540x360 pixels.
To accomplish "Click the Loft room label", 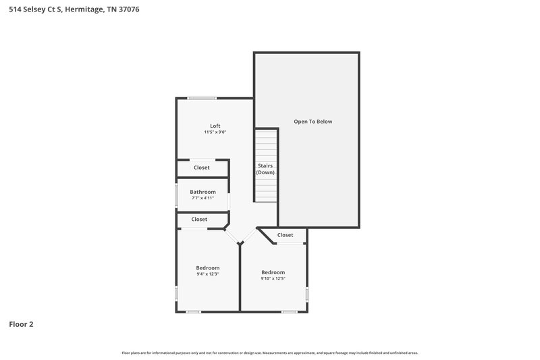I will coord(215,126).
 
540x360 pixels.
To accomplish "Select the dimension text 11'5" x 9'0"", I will coord(215,132).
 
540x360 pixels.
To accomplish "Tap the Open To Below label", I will coord(313,122).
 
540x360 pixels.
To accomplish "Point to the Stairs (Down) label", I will coord(265,169).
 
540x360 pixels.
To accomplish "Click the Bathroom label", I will coord(202,192).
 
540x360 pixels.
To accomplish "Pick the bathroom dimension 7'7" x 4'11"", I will coord(202,199).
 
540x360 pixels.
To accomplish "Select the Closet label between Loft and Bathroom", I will coord(202,168).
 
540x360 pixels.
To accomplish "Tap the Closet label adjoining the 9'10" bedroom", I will coord(285,235).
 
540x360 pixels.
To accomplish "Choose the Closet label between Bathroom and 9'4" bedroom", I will coord(199,220).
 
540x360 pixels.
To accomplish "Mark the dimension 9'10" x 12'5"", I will coord(273,279).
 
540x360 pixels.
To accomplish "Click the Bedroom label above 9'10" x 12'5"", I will coord(273,272).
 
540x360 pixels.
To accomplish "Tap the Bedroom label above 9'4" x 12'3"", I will coord(207,268).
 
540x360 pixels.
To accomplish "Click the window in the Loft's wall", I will coord(202,99).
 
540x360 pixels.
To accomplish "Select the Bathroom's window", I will coord(177,196).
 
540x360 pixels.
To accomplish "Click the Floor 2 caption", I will coord(21,324).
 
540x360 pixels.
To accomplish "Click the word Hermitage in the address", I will coord(86,9).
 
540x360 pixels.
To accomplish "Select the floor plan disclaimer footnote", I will coord(269,353).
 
